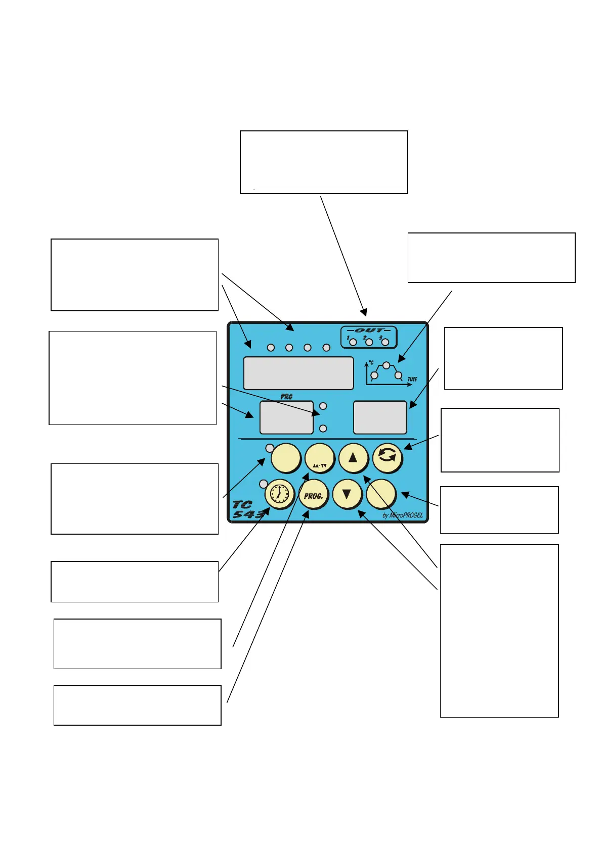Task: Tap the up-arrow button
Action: coord(353,458)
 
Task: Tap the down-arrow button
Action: coord(347,494)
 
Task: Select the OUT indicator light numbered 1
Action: coord(353,342)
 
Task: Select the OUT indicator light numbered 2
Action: coord(369,342)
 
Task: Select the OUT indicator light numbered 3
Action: coord(385,342)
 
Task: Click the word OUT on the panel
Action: coord(369,330)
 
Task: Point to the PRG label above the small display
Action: coord(286,397)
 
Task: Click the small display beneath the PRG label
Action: coord(286,417)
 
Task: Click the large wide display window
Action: coord(298,373)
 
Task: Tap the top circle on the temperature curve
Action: coord(386,365)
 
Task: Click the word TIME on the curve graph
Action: coord(412,380)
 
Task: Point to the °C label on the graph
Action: coord(371,363)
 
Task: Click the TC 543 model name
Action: coord(247,509)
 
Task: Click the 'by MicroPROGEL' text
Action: coord(402,515)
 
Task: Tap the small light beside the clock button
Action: coord(263,484)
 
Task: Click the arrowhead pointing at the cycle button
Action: coord(407,446)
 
